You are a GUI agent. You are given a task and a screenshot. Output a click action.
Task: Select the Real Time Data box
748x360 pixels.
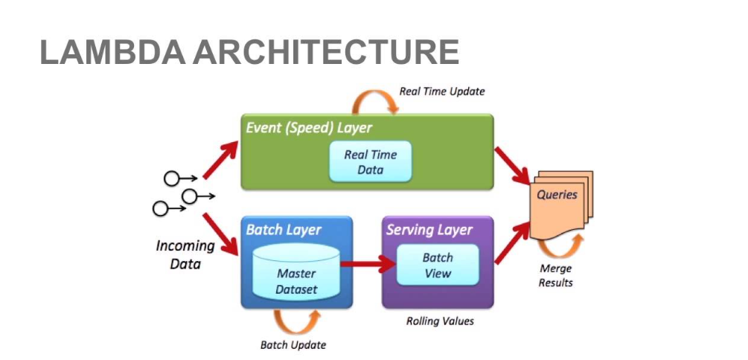[371, 162]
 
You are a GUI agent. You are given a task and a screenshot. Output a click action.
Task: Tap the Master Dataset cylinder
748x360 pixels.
[296, 276]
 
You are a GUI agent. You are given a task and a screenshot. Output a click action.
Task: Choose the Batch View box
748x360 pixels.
[437, 266]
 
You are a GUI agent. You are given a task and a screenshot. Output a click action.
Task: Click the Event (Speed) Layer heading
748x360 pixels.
[309, 128]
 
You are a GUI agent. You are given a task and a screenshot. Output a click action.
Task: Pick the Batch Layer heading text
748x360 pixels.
[283, 230]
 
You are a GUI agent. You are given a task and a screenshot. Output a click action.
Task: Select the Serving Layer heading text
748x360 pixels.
[429, 230]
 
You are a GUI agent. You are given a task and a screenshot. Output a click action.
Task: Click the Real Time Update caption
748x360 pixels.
[441, 91]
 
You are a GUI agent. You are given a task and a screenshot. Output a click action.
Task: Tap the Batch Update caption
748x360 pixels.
[293, 345]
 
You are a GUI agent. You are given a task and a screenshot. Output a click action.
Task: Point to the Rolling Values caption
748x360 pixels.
[440, 321]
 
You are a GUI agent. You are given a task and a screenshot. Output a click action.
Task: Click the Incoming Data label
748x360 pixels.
[185, 254]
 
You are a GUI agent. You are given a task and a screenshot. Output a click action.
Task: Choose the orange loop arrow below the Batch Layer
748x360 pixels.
[298, 321]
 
